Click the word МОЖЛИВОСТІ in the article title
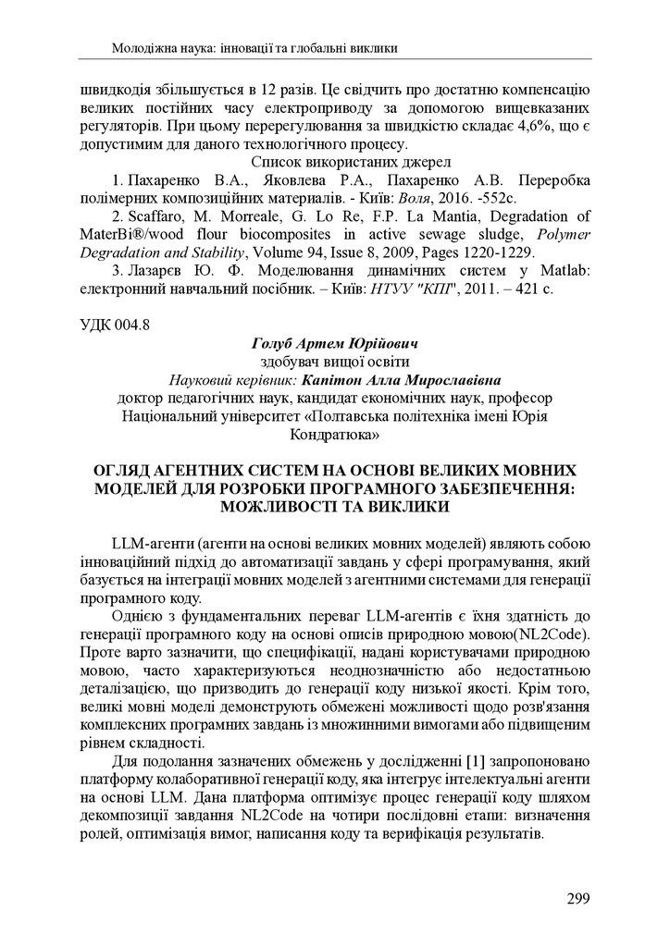click(x=295, y=507)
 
